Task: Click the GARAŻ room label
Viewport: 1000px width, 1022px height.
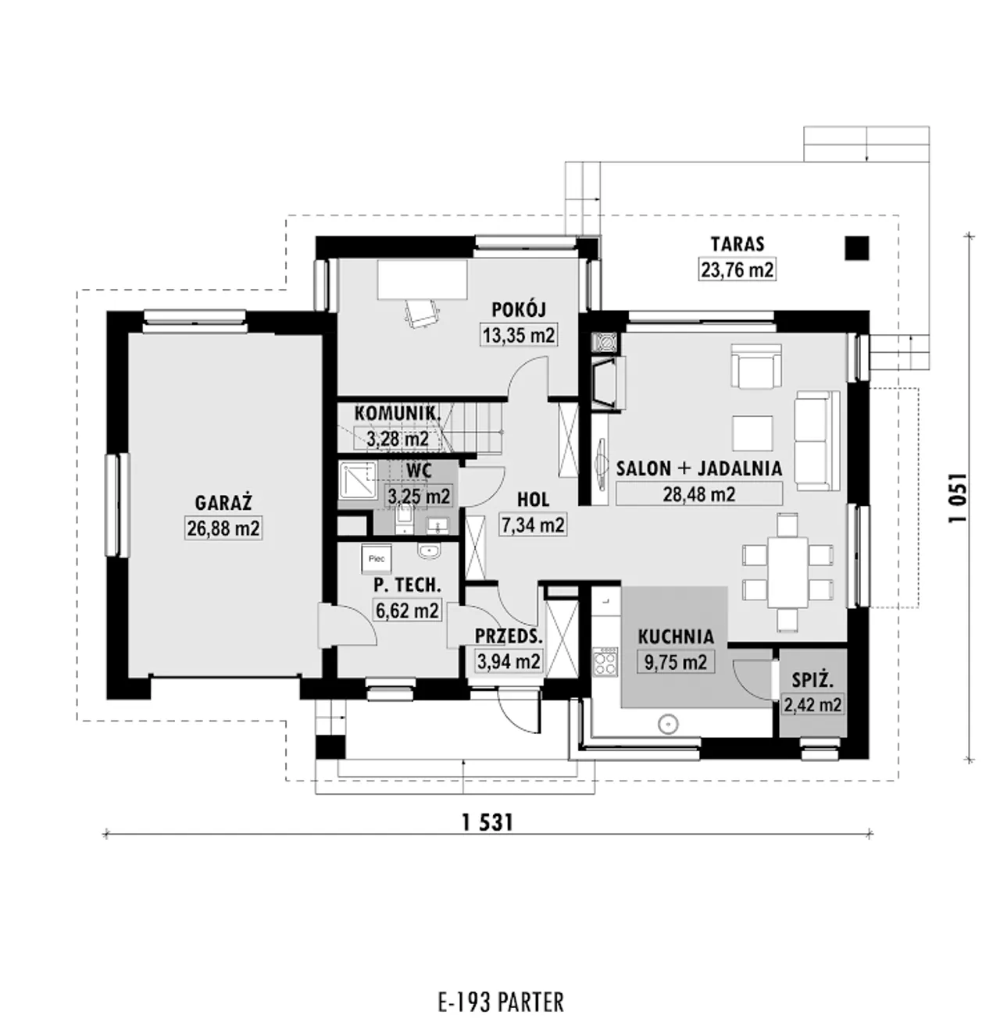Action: pyautogui.click(x=223, y=503)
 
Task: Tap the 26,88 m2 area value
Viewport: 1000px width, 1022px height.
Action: pyautogui.click(x=223, y=528)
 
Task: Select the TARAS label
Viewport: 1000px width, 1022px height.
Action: pyautogui.click(x=737, y=244)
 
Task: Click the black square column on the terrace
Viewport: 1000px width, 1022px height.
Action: pyautogui.click(x=856, y=247)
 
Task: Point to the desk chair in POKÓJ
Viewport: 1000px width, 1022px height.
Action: pyautogui.click(x=422, y=314)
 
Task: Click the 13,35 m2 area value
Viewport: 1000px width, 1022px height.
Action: pyautogui.click(x=519, y=334)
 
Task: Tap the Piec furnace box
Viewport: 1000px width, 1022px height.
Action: pyautogui.click(x=377, y=559)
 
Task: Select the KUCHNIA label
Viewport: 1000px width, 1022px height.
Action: pyautogui.click(x=676, y=636)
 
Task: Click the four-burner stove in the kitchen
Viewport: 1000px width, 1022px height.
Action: pyautogui.click(x=605, y=662)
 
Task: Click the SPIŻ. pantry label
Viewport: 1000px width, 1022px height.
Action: pyautogui.click(x=812, y=680)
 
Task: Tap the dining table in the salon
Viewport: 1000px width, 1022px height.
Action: pyautogui.click(x=787, y=572)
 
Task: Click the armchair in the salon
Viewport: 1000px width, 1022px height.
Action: pyautogui.click(x=756, y=366)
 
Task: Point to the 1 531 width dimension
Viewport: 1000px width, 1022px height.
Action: pyautogui.click(x=487, y=822)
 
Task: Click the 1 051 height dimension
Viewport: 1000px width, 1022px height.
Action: pyautogui.click(x=958, y=498)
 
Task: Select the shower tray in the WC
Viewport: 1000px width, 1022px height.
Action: pyautogui.click(x=358, y=479)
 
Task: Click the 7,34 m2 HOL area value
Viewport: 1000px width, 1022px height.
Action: pyautogui.click(x=533, y=525)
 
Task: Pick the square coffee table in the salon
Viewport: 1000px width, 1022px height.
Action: pyautogui.click(x=752, y=433)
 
